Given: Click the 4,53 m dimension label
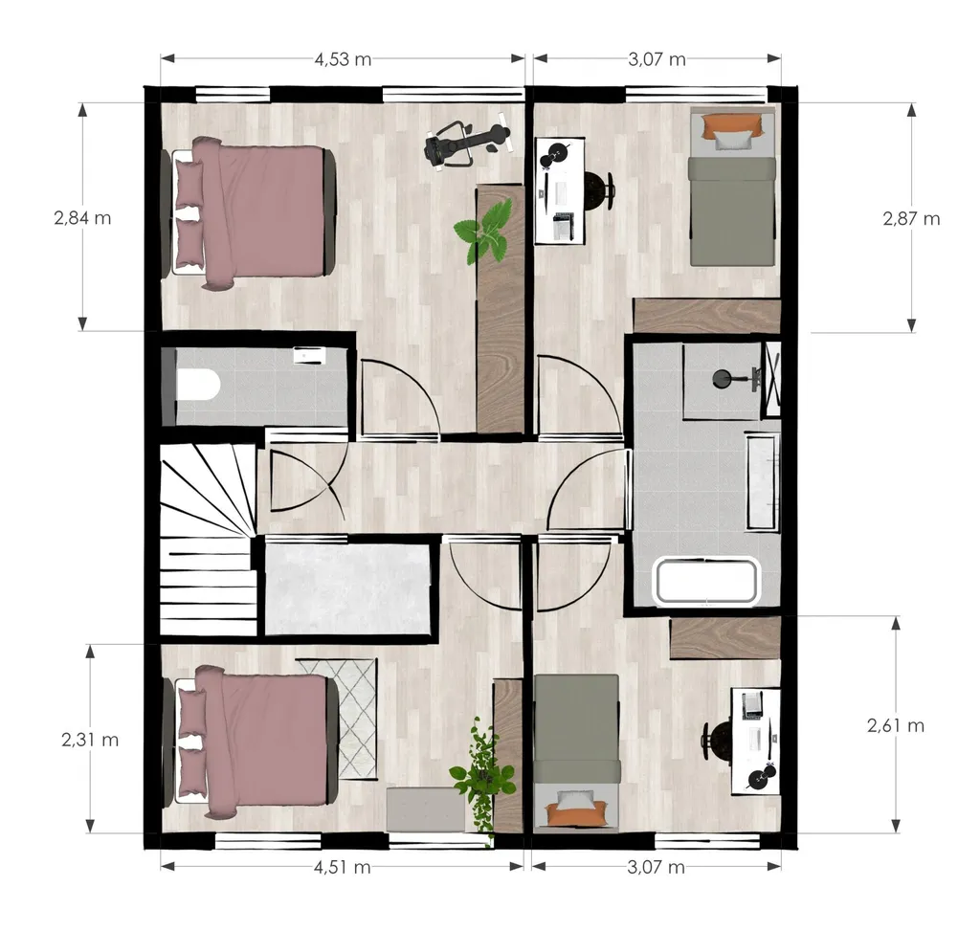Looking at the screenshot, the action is click(343, 59).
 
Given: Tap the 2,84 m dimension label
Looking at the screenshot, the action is click(82, 218).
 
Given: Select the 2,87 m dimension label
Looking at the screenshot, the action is click(911, 219).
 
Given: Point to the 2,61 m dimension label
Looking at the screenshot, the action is click(896, 725).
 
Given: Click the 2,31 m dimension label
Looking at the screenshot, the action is click(90, 740).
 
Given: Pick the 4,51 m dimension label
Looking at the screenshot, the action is click(342, 867).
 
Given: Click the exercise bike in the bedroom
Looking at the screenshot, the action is click(467, 144).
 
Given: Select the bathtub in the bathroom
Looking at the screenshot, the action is click(707, 582).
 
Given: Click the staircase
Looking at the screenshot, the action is click(208, 539).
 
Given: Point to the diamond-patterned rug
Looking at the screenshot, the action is click(338, 719).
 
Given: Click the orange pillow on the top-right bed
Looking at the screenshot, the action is click(733, 125).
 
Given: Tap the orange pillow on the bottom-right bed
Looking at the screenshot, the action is click(575, 813).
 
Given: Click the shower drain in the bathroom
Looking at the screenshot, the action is click(724, 378).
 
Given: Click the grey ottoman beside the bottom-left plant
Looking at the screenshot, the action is click(425, 809).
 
